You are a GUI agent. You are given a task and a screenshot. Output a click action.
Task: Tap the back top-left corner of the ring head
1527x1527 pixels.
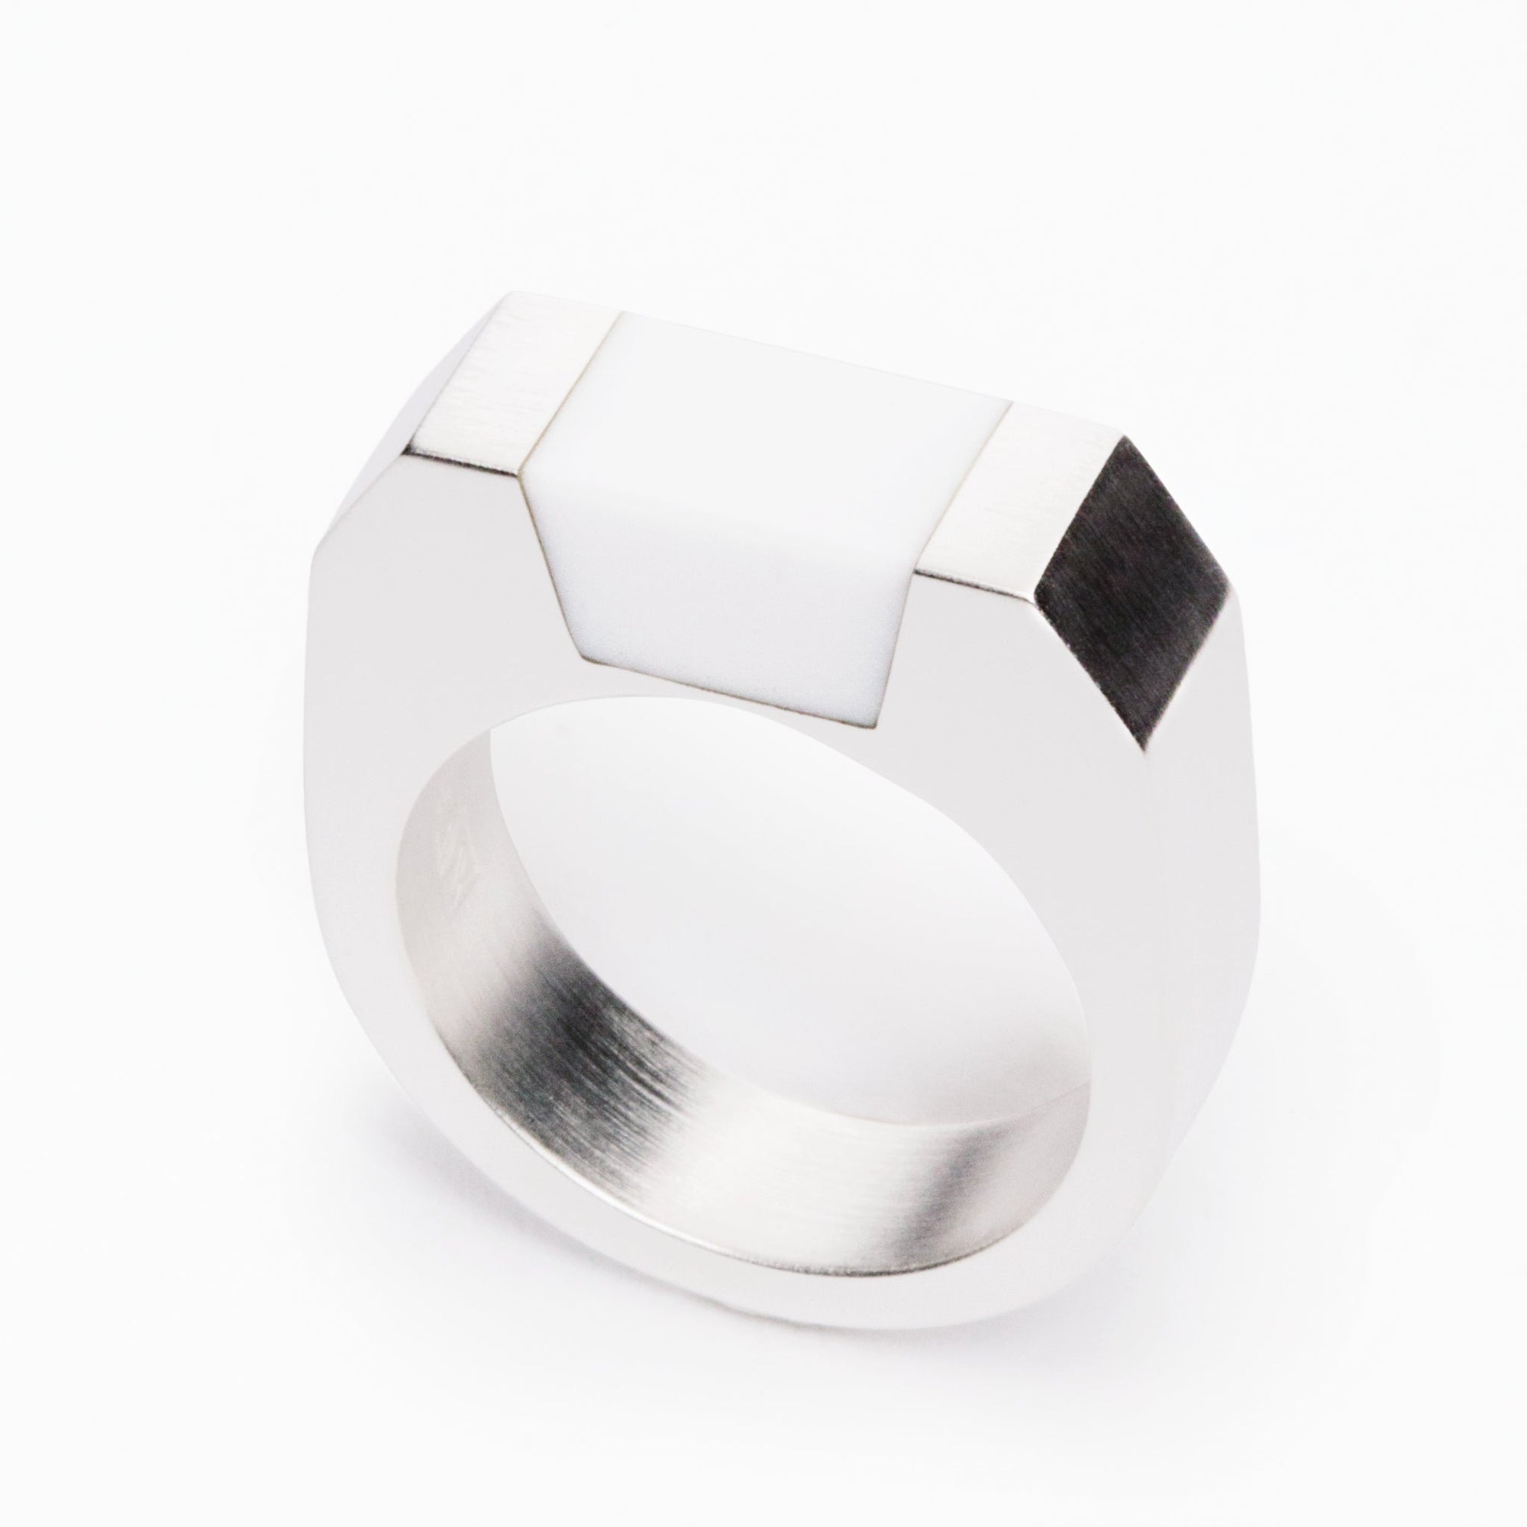tap(506, 298)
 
